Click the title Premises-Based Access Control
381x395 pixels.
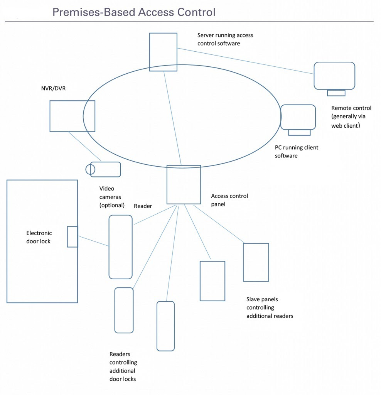click(x=134, y=12)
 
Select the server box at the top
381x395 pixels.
click(x=163, y=52)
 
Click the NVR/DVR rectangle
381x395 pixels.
click(x=72, y=116)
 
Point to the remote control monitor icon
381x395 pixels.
click(x=334, y=76)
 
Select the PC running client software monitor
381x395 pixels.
click(x=298, y=117)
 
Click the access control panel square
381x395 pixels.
click(x=184, y=185)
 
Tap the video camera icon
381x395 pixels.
click(x=105, y=169)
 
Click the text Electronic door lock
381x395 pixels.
click(x=39, y=237)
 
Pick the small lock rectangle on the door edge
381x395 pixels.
click(x=72, y=236)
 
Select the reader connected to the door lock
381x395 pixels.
click(x=120, y=247)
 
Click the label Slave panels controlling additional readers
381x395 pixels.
click(x=270, y=307)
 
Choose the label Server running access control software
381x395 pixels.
click(x=225, y=39)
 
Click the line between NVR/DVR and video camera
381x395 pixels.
click(x=85, y=147)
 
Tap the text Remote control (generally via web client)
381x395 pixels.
click(x=351, y=117)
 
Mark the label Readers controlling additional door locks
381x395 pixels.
click(x=123, y=366)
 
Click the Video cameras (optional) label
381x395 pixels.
click(x=112, y=197)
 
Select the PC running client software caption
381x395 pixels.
click(x=296, y=152)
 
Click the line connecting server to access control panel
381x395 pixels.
click(x=172, y=118)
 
